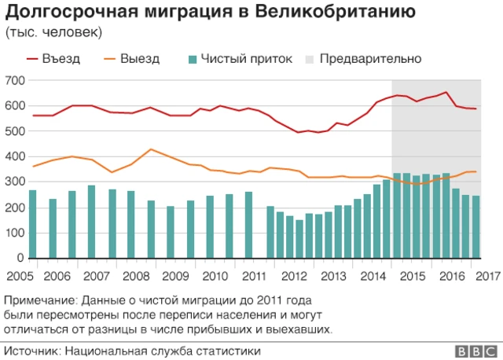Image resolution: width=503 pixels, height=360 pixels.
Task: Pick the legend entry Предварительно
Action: click(x=370, y=59)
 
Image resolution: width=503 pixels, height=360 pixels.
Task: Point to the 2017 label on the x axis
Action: click(x=487, y=276)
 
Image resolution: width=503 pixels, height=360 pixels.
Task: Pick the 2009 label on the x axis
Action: click(x=175, y=276)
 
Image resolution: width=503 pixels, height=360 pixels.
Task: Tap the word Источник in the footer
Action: click(x=31, y=351)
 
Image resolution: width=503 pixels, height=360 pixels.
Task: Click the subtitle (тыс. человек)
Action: click(x=52, y=32)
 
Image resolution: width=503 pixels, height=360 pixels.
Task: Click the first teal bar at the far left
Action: click(x=33, y=224)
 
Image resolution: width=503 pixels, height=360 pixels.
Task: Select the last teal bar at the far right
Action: click(x=476, y=227)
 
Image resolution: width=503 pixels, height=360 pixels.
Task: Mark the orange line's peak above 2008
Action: click(x=150, y=149)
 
